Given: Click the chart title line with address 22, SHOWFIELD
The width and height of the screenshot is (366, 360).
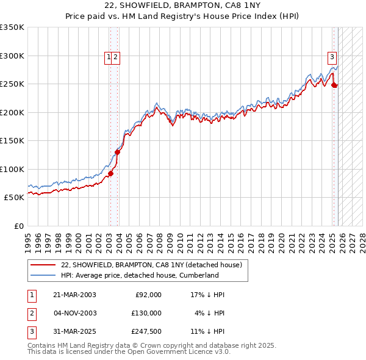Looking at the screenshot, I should click(183, 5).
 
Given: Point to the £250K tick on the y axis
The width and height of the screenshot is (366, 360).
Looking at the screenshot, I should click(13, 84).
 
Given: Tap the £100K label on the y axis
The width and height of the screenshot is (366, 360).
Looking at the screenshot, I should click(13, 169).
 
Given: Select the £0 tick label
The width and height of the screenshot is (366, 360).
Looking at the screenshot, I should click(19, 226).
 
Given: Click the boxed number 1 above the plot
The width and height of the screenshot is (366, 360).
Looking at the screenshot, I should click(109, 57).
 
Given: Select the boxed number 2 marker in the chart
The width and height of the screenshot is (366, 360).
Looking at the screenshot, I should click(116, 57).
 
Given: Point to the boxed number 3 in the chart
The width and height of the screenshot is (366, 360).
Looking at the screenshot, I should click(332, 57).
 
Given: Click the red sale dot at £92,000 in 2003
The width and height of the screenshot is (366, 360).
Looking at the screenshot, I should click(111, 174).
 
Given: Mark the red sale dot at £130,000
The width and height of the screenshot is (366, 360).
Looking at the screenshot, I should click(118, 153).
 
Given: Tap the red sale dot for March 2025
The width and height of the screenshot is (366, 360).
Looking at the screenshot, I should click(334, 85).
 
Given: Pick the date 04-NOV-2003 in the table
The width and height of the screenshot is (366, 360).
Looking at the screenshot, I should click(74, 313).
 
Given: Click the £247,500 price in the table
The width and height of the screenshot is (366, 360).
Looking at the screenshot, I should click(146, 331).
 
